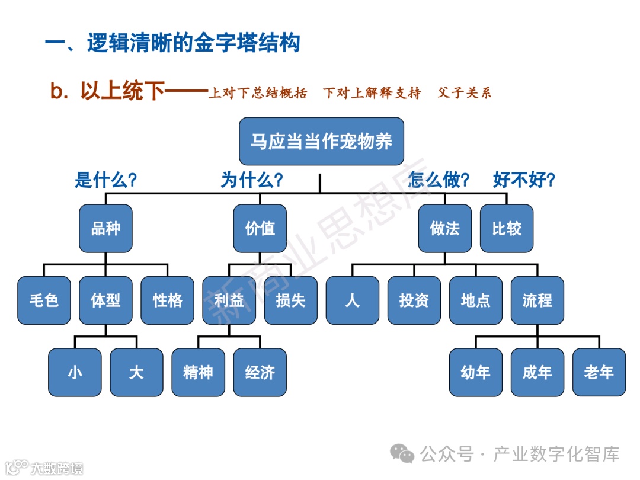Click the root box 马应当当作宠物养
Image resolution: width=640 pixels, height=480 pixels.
coord(321,141)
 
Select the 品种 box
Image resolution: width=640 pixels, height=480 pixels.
coord(105,229)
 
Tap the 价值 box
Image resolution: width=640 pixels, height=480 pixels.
coord(260,229)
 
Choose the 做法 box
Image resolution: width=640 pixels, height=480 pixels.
coord(445,229)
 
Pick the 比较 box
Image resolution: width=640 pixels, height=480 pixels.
coord(507,229)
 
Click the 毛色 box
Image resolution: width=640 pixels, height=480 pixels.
coord(44,300)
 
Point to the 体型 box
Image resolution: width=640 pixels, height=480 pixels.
coord(105,300)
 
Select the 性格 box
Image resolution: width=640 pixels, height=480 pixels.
coord(167,300)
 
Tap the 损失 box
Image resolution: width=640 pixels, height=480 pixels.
coord(290,300)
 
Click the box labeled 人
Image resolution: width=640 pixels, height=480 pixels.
coord(352,300)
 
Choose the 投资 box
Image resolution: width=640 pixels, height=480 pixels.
coord(414,300)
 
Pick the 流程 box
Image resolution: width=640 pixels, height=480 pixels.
coord(537,300)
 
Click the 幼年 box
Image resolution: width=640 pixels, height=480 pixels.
coord(475,372)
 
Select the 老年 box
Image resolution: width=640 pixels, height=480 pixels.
coord(599,372)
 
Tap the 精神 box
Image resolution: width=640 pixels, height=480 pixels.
coord(198,372)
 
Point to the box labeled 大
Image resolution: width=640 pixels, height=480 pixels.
coord(136,372)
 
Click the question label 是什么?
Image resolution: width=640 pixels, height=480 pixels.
coord(105,180)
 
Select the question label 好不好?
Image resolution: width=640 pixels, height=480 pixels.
coord(524,180)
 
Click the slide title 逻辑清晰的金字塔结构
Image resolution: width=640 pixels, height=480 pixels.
coord(193,43)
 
